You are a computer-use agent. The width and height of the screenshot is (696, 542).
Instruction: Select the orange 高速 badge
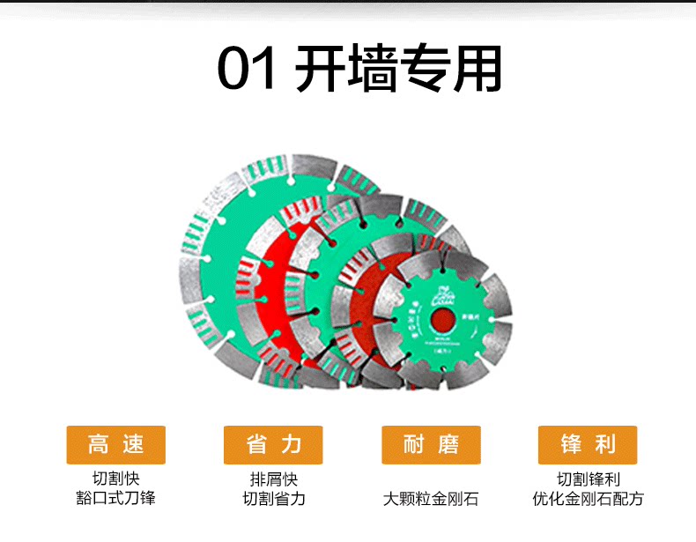coord(116,445)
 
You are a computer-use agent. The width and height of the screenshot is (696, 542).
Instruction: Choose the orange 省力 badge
coord(274,445)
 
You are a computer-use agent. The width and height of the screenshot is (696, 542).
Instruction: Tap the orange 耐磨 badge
coord(432,445)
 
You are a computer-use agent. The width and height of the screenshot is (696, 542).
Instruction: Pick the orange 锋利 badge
coord(588,445)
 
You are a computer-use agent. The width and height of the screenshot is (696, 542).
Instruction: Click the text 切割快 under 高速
coord(116,480)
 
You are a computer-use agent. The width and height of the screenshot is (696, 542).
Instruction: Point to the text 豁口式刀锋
coord(116,499)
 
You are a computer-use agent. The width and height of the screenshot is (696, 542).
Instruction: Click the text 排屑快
coord(274,480)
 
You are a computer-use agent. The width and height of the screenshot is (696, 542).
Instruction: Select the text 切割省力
coord(274,499)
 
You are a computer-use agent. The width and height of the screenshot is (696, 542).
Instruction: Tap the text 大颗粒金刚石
coord(431,499)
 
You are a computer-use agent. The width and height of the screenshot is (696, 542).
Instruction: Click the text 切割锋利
coord(588,480)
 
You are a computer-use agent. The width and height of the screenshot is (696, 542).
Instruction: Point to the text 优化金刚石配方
coord(588,499)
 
